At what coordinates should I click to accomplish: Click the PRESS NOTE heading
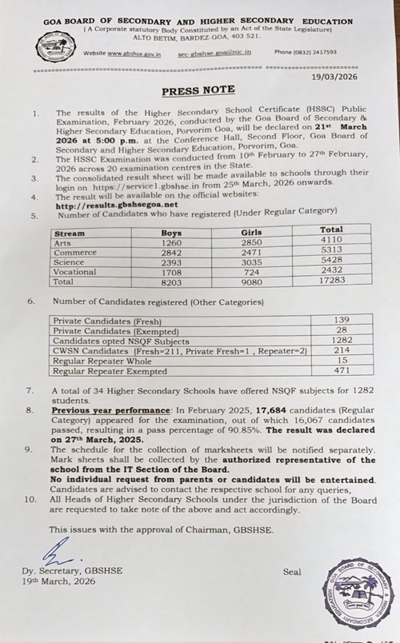pos(198,90)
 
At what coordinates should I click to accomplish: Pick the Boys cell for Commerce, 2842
pos(172,252)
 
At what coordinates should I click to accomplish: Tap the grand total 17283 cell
pos(331,282)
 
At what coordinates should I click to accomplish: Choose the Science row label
pos(69,262)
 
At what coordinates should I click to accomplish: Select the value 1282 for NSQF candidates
pos(341,339)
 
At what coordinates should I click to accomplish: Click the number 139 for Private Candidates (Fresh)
pos(341,319)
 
